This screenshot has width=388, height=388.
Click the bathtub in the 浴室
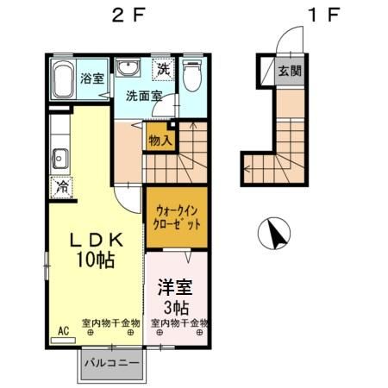pos(63,80)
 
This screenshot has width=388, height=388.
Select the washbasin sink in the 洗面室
pos(128,70)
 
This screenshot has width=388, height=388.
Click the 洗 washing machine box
pos(162,68)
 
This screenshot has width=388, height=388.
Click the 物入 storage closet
pos(160,139)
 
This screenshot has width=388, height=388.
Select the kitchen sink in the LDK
pos(60,159)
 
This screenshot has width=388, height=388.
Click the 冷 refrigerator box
pos(62,185)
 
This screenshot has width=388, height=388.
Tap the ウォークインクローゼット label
pos(178,216)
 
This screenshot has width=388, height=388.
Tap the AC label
pos(63,330)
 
